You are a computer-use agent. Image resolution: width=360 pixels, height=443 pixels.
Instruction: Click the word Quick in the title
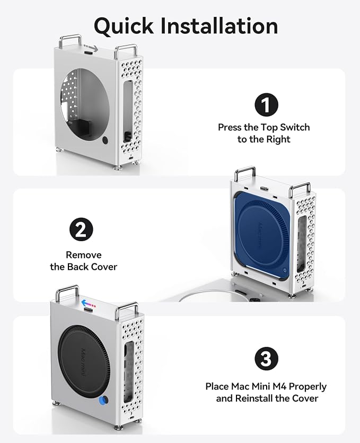point(124,26)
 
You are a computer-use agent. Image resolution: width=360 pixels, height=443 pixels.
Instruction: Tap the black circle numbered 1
point(267,105)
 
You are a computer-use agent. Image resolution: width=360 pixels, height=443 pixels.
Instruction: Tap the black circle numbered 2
point(81,229)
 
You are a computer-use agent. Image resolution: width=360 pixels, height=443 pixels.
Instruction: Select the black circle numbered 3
point(267,359)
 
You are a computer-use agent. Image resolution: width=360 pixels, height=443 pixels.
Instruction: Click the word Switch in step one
point(295,127)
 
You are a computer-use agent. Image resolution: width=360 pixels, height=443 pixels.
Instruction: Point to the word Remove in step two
point(84,255)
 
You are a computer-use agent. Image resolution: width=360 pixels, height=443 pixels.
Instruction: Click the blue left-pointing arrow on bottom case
point(89,304)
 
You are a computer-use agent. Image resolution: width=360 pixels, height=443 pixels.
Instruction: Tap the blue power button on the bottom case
point(104,401)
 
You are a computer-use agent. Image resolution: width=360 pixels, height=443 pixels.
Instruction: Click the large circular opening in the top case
point(85,100)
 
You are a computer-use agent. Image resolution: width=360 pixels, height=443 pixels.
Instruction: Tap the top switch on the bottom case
point(89,310)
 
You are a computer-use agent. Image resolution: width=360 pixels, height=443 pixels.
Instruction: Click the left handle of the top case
point(70,41)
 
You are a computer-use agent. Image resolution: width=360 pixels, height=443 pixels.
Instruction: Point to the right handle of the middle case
point(300,189)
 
